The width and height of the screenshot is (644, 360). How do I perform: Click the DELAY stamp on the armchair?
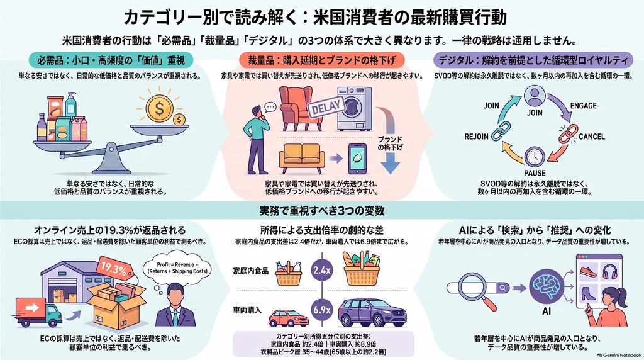(x=326, y=108)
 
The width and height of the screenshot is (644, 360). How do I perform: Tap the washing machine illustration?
(x=354, y=108)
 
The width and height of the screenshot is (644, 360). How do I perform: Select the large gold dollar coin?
(x=159, y=108)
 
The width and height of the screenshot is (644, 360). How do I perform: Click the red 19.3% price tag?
(x=114, y=269)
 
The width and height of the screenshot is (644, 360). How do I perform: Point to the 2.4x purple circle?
(x=321, y=270)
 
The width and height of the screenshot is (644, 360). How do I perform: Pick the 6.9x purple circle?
(x=321, y=310)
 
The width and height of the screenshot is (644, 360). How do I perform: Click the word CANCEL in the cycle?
(x=592, y=137)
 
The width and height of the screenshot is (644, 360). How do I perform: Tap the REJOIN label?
(x=477, y=137)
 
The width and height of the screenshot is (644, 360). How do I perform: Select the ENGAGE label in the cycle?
(x=583, y=106)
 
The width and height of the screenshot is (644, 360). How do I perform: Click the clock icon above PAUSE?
(x=535, y=157)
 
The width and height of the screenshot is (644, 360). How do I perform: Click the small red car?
(x=288, y=318)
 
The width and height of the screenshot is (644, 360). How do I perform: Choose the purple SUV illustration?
(x=372, y=313)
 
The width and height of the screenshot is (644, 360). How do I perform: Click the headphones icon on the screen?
(x=610, y=272)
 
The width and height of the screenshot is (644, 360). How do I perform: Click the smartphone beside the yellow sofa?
(x=357, y=159)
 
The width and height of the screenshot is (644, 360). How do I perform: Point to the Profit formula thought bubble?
(x=178, y=268)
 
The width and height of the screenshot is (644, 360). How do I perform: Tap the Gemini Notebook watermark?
(x=619, y=355)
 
